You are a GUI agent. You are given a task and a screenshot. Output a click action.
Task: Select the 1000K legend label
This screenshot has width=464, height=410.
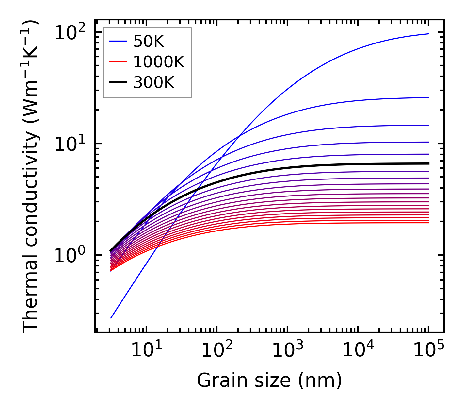[159, 62]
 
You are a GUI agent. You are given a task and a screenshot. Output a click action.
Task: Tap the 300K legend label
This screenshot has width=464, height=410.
[154, 83]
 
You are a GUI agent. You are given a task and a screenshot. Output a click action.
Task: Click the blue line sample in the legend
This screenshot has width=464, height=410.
[118, 41]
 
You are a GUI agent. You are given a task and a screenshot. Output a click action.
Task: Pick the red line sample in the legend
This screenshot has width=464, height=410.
[118, 62]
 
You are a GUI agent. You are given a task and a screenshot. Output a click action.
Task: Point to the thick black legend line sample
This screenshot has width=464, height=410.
[118, 83]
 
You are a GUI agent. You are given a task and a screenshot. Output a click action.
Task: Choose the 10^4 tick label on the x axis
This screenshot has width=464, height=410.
[358, 350]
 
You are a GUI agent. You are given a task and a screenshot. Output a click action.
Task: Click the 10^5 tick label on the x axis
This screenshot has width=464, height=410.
[428, 350]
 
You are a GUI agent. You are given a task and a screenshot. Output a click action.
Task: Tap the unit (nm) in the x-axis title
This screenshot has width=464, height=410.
[320, 381]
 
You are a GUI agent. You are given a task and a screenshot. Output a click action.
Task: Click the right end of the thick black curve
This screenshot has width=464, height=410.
[428, 163]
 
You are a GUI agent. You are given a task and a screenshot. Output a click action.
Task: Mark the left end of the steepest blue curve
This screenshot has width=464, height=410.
[111, 318]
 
